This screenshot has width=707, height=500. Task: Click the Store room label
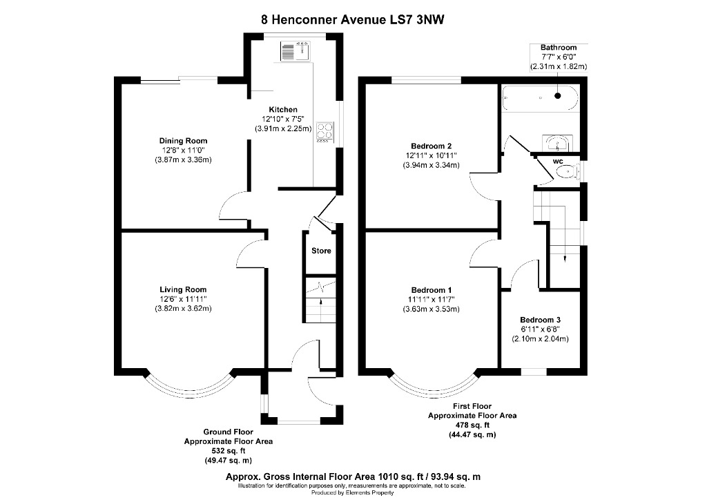321,251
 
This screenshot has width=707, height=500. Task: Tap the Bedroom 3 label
540,320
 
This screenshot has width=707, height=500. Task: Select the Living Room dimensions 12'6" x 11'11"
183,299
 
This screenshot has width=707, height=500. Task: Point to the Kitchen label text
283,110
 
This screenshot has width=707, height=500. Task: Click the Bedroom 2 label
431,146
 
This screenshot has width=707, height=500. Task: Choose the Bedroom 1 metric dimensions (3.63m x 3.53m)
431,309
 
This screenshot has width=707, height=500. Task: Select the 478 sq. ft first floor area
472,426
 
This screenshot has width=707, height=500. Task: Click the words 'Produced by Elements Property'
353,492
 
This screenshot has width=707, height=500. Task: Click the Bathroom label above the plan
558,48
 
